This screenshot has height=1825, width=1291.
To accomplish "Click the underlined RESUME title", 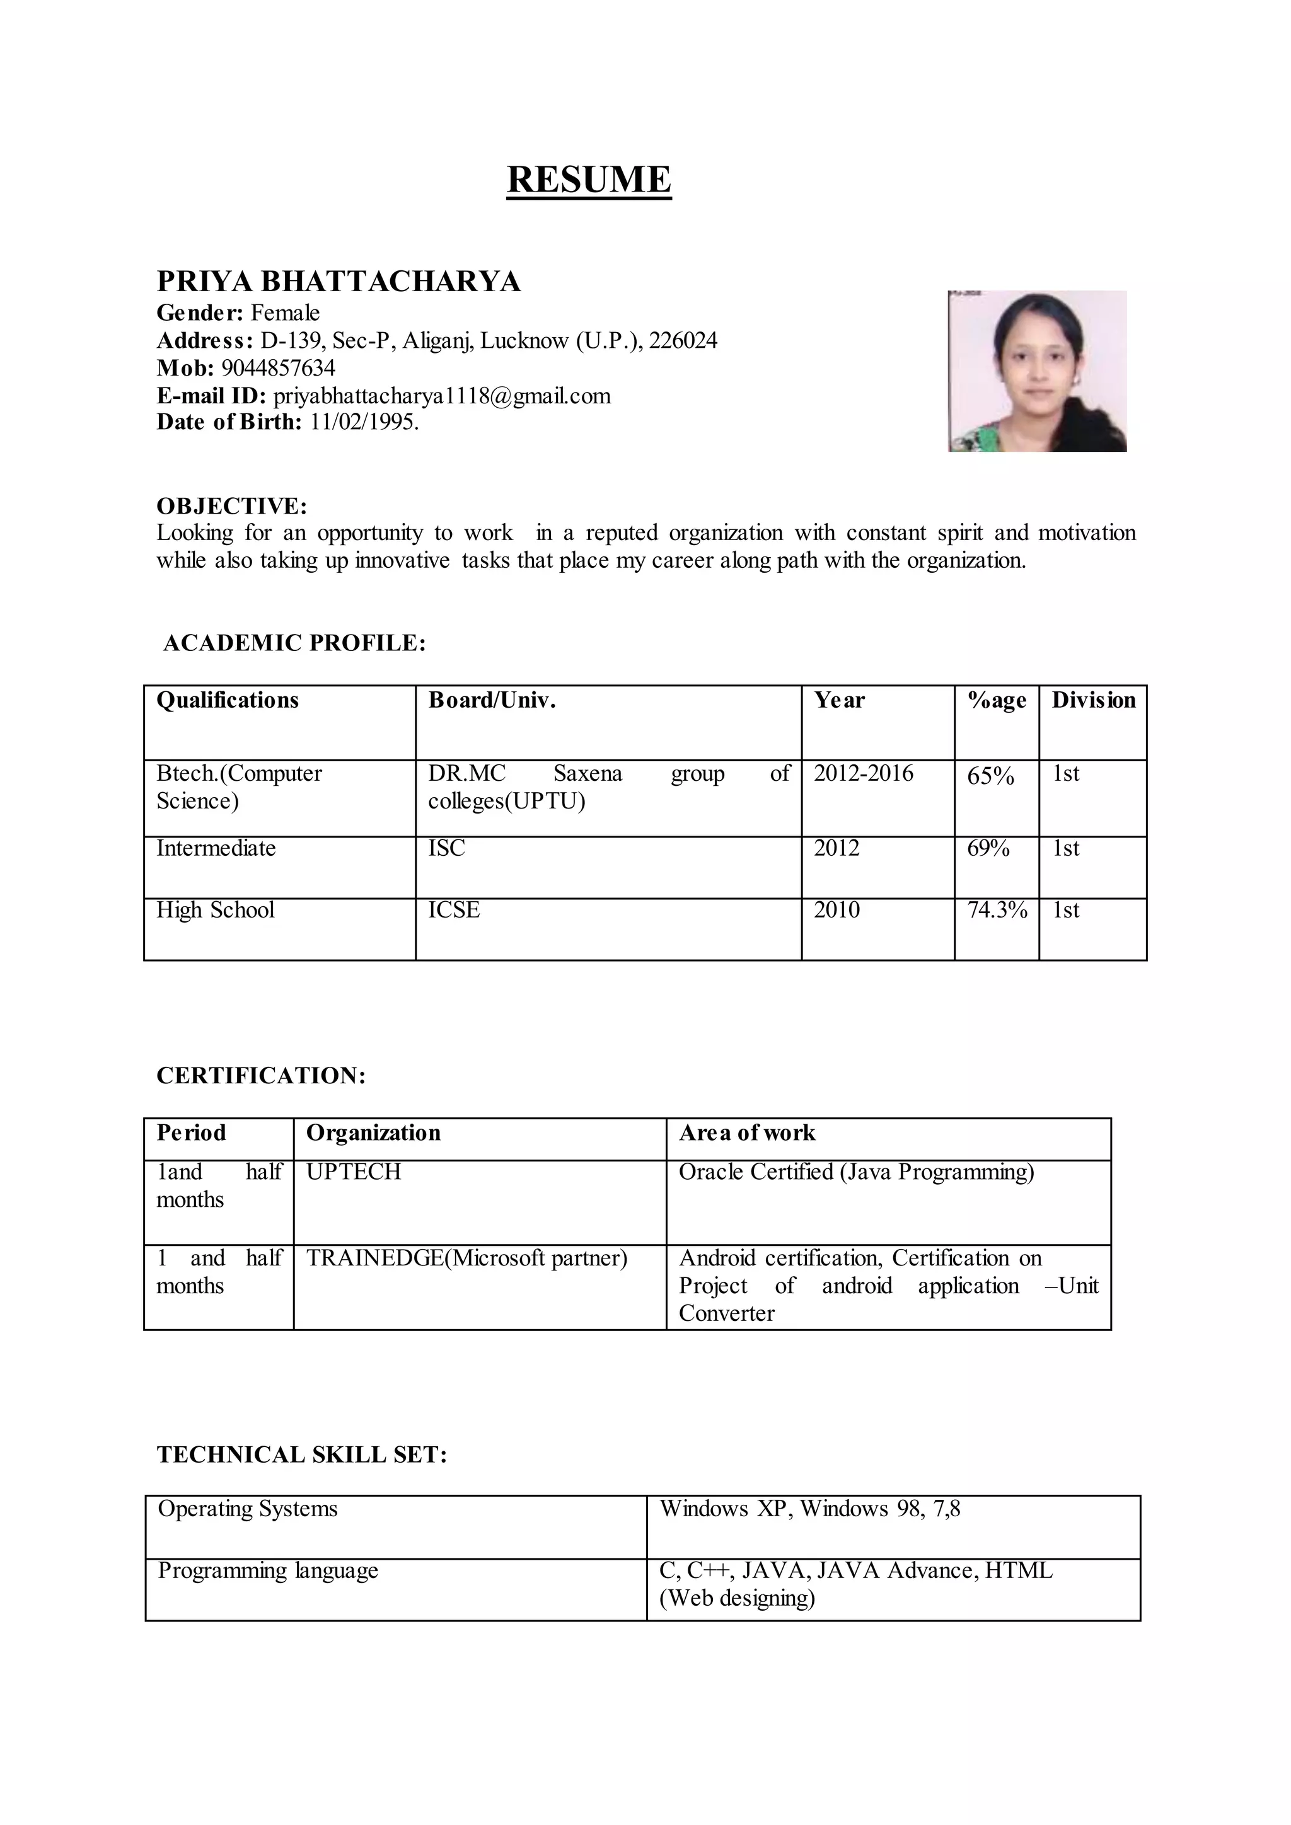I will click(x=589, y=180).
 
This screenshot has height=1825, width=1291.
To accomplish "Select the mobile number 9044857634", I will click(x=277, y=368).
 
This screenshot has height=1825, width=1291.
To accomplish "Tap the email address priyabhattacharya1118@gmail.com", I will click(x=442, y=396).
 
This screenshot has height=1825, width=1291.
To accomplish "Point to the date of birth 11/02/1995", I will click(x=363, y=422).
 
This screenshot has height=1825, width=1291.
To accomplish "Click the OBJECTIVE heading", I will click(x=231, y=505).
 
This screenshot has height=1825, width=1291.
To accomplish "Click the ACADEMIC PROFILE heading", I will click(x=294, y=643).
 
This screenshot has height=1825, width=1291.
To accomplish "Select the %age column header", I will click(x=997, y=700).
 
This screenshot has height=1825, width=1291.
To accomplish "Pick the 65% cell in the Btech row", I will click(x=990, y=776).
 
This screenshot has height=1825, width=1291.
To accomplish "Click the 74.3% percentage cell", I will click(x=997, y=910).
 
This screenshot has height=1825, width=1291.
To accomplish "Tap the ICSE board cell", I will click(x=454, y=910).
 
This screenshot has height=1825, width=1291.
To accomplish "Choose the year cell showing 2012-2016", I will click(x=864, y=773).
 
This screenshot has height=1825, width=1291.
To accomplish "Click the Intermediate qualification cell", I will click(x=216, y=848).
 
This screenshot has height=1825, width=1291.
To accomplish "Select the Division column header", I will click(x=1094, y=700).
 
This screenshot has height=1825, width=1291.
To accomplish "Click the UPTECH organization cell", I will click(x=354, y=1172).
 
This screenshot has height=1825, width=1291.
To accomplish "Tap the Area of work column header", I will click(x=746, y=1132).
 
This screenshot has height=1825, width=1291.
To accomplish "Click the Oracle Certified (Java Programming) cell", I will click(x=856, y=1172).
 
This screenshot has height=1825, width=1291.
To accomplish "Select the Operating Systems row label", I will click(x=247, y=1509).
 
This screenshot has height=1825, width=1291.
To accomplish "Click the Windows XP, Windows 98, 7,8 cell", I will click(x=809, y=1509).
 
